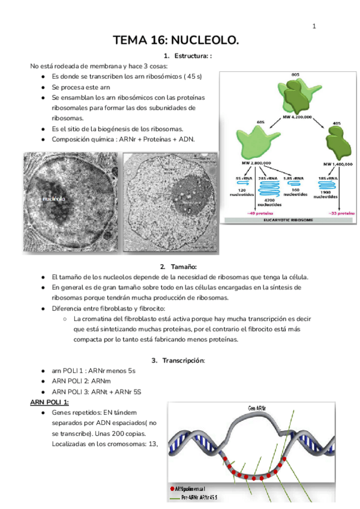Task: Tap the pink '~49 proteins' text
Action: click(246, 212)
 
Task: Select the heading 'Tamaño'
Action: click(183, 267)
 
